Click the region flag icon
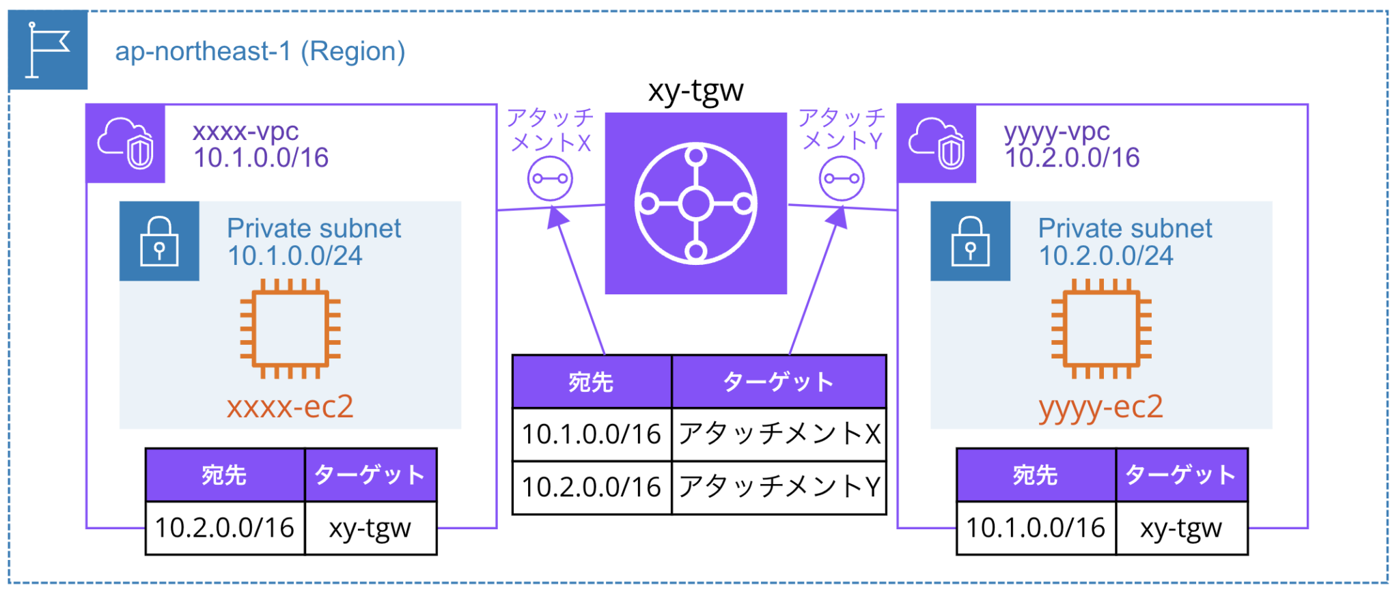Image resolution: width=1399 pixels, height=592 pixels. (48, 50)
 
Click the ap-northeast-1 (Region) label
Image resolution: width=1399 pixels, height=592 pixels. (260, 51)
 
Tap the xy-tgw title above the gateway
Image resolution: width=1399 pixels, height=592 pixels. (695, 90)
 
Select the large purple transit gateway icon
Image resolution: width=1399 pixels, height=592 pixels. (695, 203)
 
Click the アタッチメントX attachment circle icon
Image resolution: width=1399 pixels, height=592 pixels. (550, 179)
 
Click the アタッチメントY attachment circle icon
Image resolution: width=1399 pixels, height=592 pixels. (842, 179)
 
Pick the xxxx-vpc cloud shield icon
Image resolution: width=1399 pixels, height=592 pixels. (126, 143)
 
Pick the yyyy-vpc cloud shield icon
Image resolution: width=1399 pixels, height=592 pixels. (937, 143)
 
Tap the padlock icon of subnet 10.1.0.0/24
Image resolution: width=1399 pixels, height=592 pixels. (159, 241)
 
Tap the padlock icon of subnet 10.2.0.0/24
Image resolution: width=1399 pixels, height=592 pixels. (970, 241)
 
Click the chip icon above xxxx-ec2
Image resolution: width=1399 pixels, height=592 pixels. (290, 328)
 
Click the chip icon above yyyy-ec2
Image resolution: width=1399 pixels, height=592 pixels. (1101, 328)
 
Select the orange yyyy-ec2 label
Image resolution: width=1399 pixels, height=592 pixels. (1100, 407)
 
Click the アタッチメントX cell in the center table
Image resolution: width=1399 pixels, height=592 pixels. (779, 434)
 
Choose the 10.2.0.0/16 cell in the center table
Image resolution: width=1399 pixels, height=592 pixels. (592, 488)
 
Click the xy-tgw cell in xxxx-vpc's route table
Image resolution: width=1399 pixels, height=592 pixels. (370, 528)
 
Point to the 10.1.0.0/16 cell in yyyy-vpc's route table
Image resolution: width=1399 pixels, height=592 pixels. (1036, 528)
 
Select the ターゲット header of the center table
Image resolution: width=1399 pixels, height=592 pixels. (779, 382)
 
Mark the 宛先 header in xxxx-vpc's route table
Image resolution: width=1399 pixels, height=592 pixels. (225, 475)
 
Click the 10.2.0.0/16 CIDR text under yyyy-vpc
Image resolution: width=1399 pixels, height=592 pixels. (1072, 158)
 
